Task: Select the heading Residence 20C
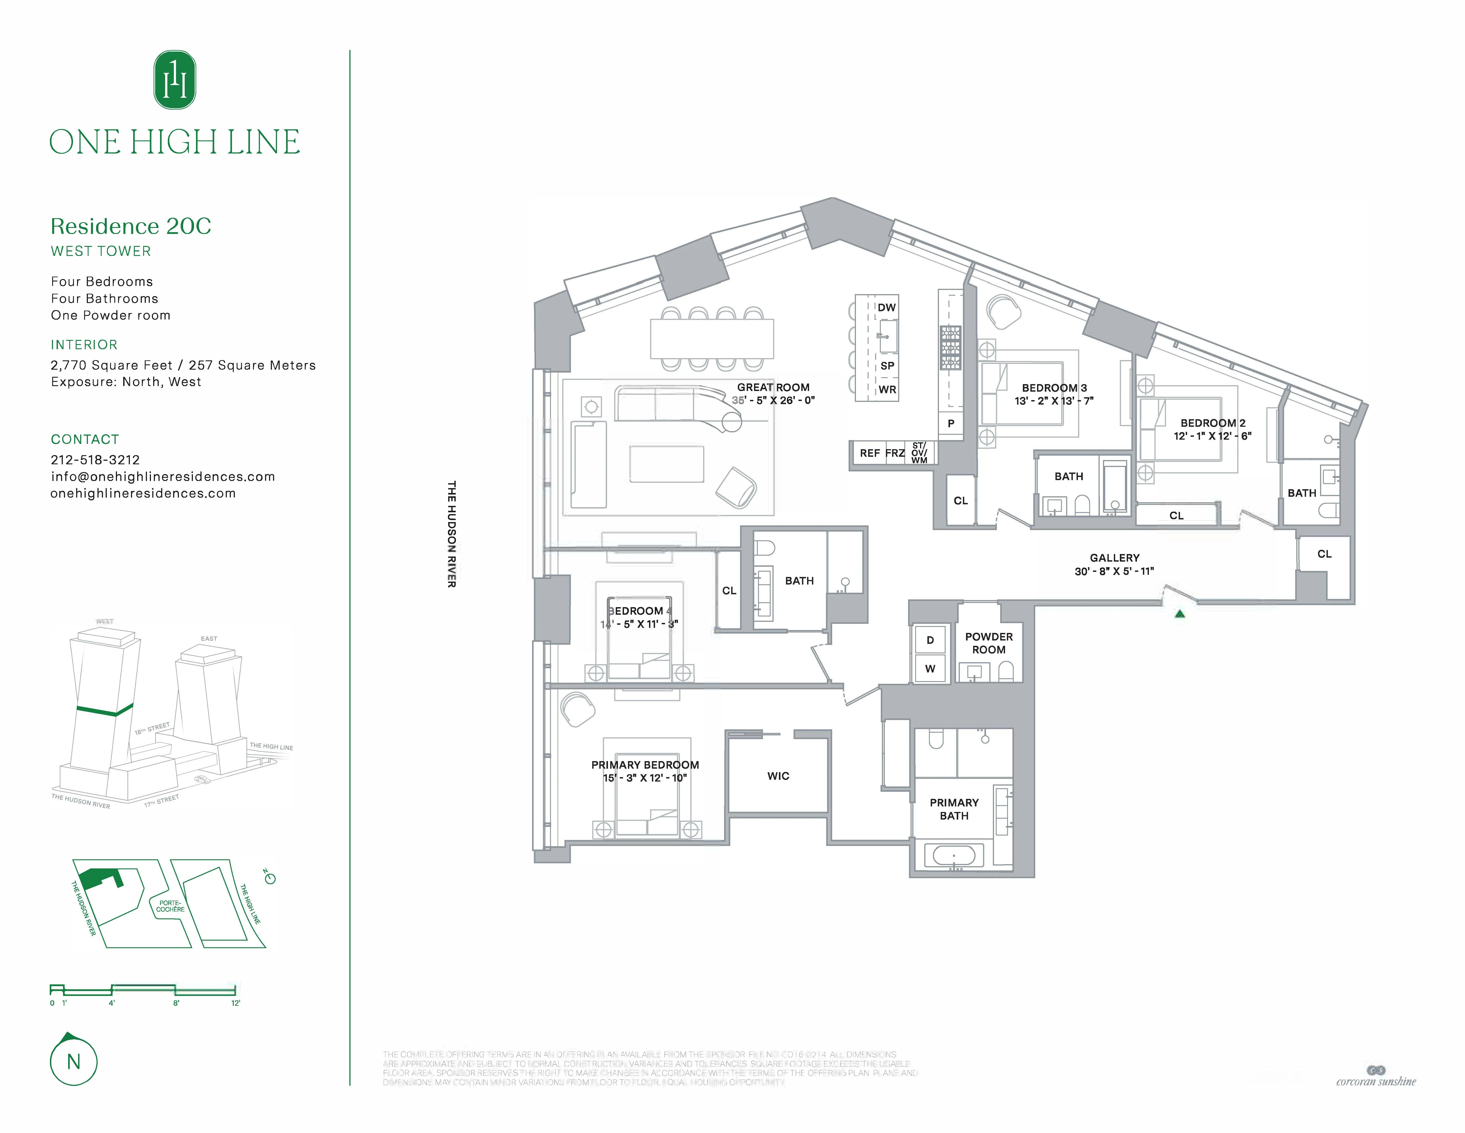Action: [x=131, y=226]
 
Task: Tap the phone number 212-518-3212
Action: [x=95, y=460]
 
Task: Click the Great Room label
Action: [x=773, y=387]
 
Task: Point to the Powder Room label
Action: [x=989, y=643]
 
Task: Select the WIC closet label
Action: [x=778, y=776]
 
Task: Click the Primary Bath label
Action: [x=954, y=809]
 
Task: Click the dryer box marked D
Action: [x=930, y=640]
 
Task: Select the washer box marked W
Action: [x=930, y=668]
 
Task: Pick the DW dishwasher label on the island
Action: [x=886, y=307]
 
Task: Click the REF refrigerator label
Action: [x=869, y=453]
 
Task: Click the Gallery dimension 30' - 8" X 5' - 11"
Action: [x=1114, y=571]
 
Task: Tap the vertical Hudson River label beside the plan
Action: [x=451, y=534]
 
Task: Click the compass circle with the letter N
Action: [x=74, y=1061]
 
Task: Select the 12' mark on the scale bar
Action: [x=236, y=1003]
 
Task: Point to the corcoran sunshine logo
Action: [x=1376, y=1076]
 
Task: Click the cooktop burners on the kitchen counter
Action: [x=950, y=348]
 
